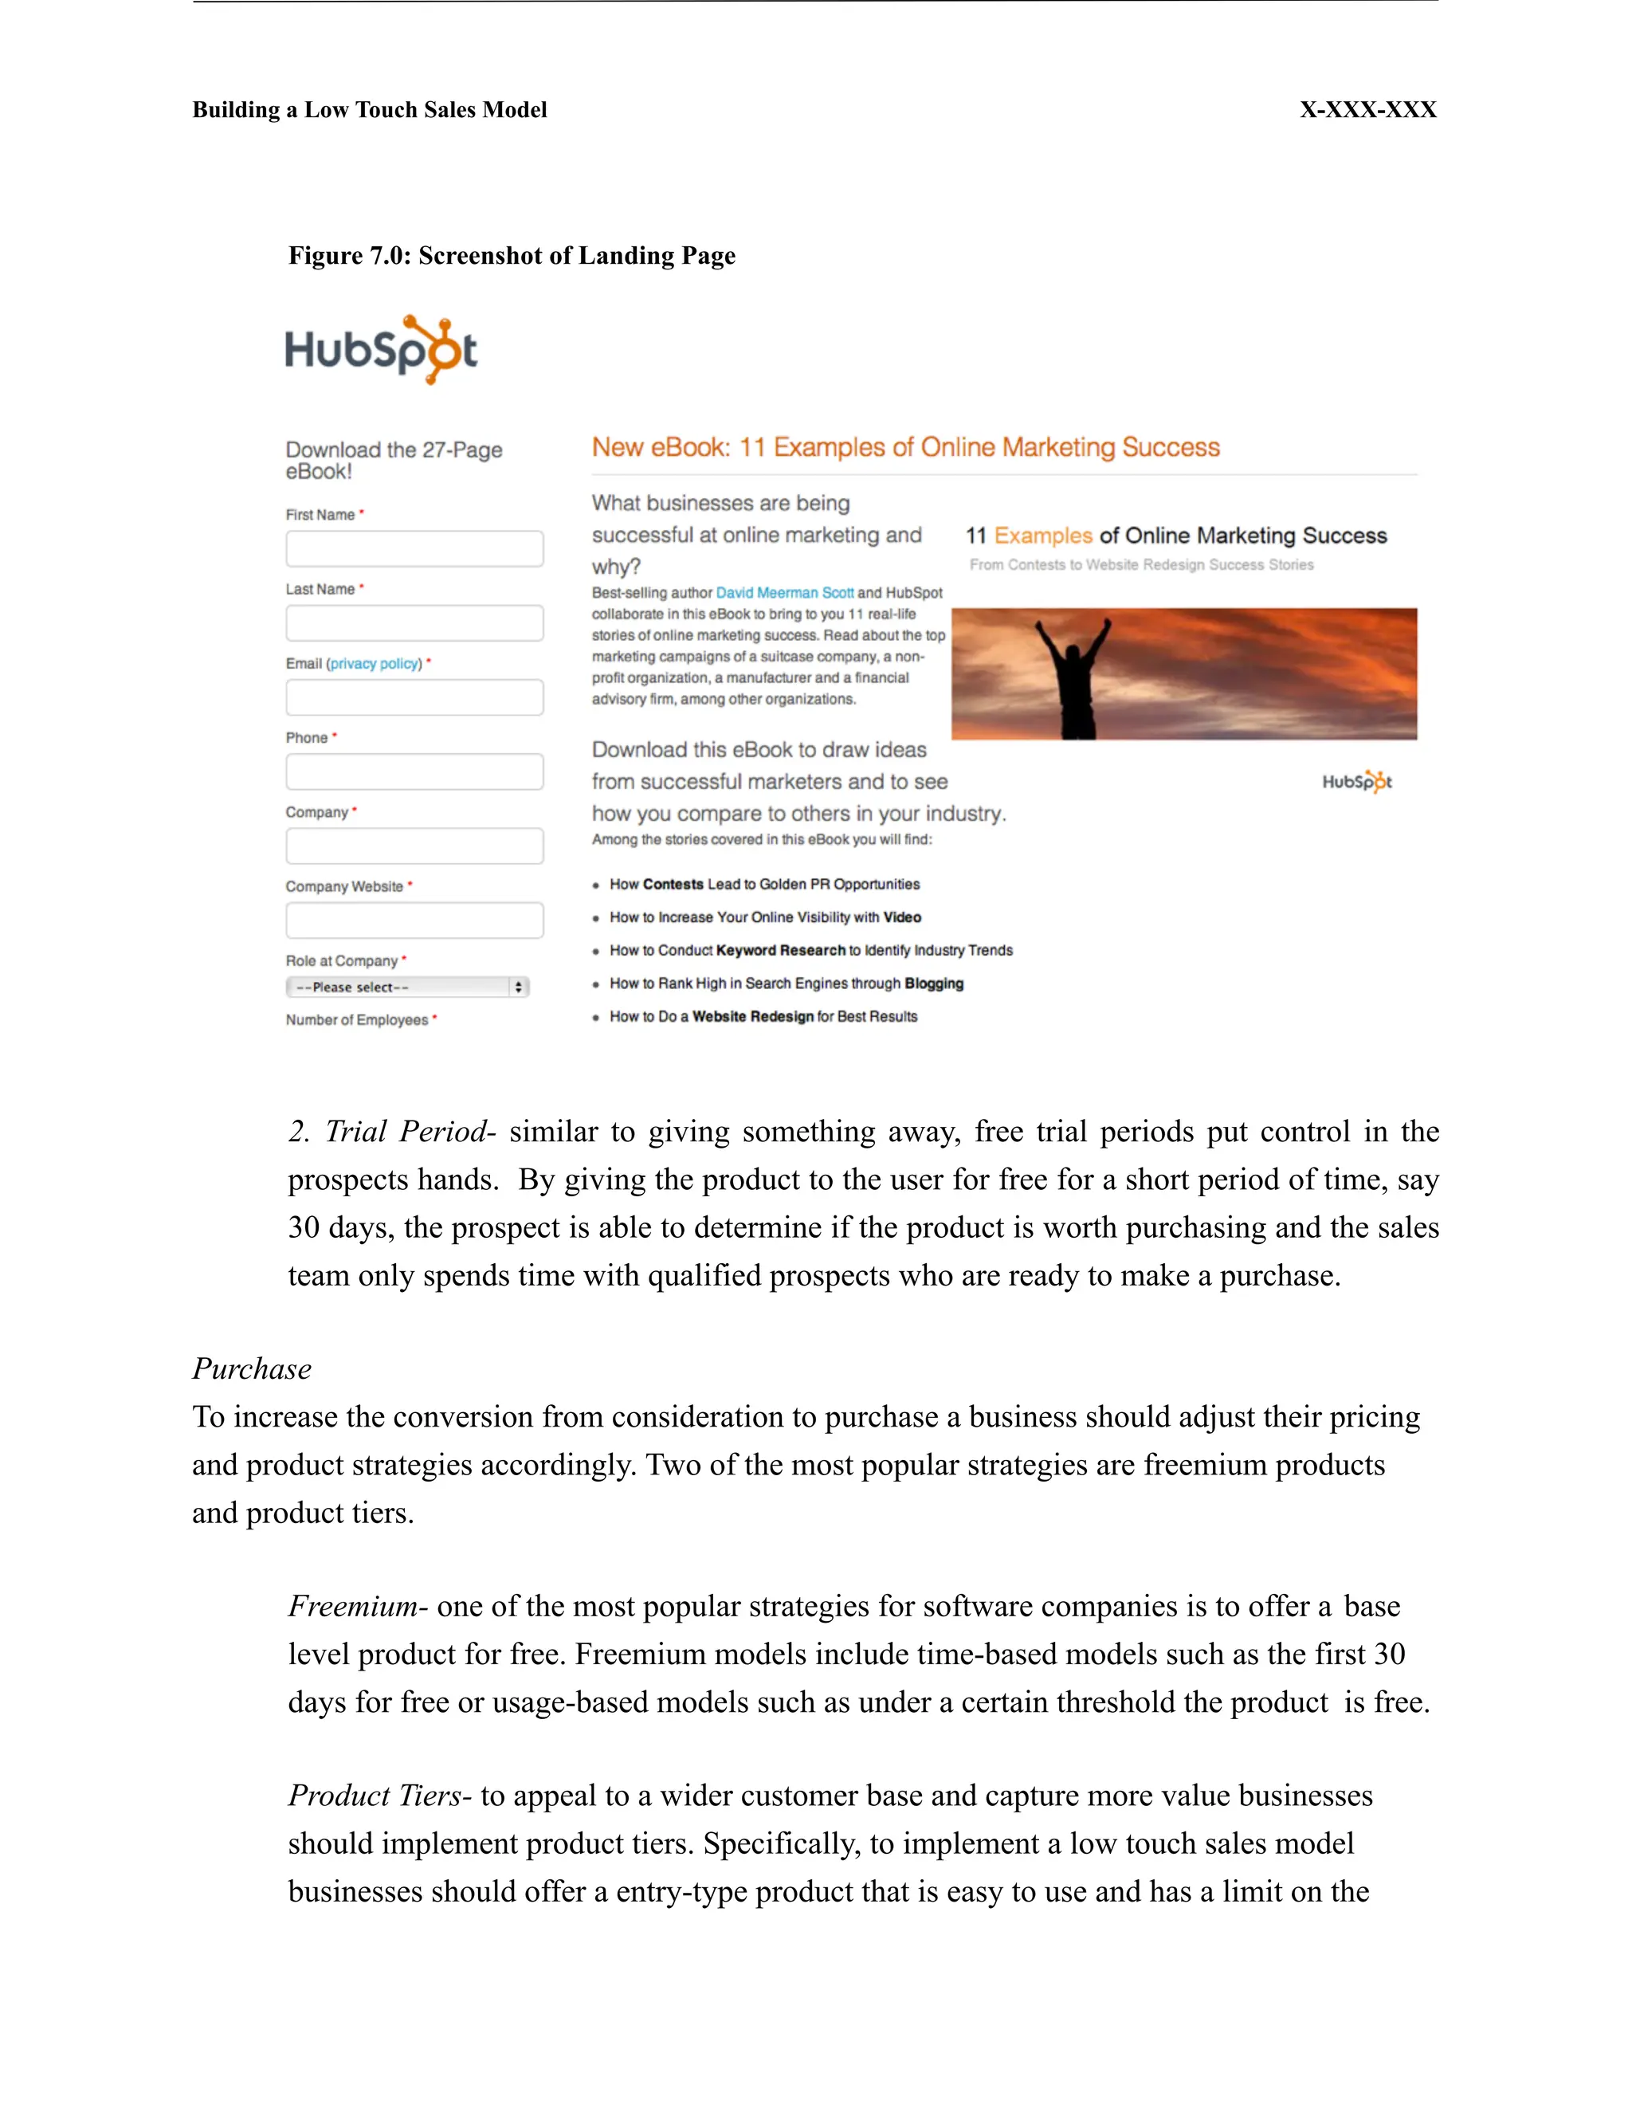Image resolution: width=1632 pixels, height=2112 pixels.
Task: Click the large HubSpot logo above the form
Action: [x=381, y=349]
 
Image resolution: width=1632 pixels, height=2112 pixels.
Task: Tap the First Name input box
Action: [x=414, y=548]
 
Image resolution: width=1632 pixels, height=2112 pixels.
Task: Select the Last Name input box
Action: [x=414, y=622]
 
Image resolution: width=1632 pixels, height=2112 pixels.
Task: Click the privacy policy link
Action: [x=375, y=663]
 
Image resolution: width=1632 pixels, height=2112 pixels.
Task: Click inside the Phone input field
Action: [x=414, y=771]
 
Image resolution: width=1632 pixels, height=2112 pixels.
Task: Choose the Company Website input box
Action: [x=414, y=920]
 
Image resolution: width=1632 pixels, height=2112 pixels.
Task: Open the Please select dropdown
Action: [x=407, y=987]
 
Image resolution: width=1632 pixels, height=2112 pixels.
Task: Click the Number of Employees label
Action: [x=357, y=1020]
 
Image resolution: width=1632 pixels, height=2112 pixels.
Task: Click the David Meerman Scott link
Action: [x=784, y=593]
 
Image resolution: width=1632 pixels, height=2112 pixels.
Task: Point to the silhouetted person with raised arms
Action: [x=1073, y=677]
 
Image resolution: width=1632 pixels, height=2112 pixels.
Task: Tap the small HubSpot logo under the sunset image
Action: [x=1356, y=781]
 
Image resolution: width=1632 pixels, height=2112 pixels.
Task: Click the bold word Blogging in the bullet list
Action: [x=934, y=983]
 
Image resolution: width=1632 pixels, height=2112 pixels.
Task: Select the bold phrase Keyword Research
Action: [x=781, y=951]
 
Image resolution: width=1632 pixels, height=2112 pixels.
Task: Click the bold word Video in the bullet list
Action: [x=902, y=917]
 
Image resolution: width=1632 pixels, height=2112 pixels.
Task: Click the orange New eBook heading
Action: [x=905, y=448]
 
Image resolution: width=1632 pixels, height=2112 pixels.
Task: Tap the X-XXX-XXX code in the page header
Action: [x=1367, y=110]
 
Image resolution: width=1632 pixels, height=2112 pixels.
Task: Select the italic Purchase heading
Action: [x=251, y=1368]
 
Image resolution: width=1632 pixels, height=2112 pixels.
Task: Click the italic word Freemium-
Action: [x=357, y=1606]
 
